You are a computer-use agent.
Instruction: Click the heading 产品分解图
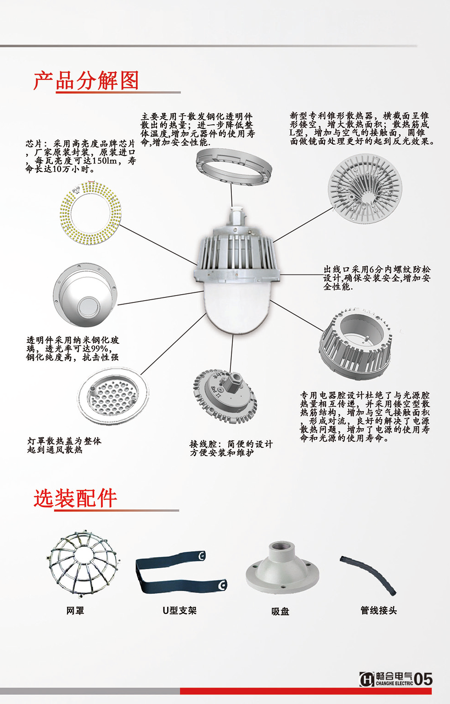pos(86,81)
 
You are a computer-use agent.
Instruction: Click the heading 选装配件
pos(75,498)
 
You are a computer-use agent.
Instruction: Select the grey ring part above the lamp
pos(233,167)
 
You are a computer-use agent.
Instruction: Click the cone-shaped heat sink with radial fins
pos(365,188)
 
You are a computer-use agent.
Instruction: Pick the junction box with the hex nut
pos(225,394)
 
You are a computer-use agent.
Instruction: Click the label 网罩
pos(75,611)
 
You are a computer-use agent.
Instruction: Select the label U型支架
pos(180,611)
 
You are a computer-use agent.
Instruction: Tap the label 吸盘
pos(281,611)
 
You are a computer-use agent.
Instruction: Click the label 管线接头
pos(378,610)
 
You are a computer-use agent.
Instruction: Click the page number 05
pos(423,679)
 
